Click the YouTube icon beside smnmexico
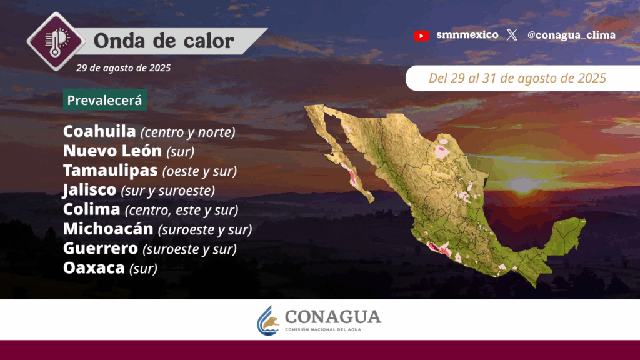click(x=421, y=36)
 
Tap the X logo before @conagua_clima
click(x=512, y=35)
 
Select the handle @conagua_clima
click(x=571, y=36)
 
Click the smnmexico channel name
click(x=467, y=35)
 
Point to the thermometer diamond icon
click(x=56, y=41)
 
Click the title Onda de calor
click(x=164, y=41)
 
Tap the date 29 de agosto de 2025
click(x=123, y=67)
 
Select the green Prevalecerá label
click(x=105, y=100)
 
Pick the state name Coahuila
click(x=99, y=131)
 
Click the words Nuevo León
click(x=112, y=151)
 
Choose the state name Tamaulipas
click(x=110, y=171)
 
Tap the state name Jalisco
click(x=89, y=190)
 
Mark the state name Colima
click(x=91, y=209)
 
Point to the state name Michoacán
click(x=108, y=229)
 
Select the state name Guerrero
click(x=101, y=249)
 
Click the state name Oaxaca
click(x=94, y=268)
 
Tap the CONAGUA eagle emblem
click(x=268, y=321)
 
